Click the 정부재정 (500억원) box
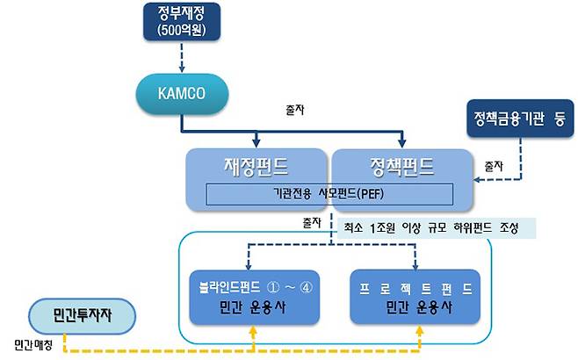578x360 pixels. point(182,23)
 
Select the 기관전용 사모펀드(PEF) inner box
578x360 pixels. point(329,194)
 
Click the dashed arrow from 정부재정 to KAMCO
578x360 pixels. point(181,60)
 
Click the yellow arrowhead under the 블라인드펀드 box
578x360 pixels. point(255,332)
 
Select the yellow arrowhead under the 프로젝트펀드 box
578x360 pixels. point(420,332)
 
